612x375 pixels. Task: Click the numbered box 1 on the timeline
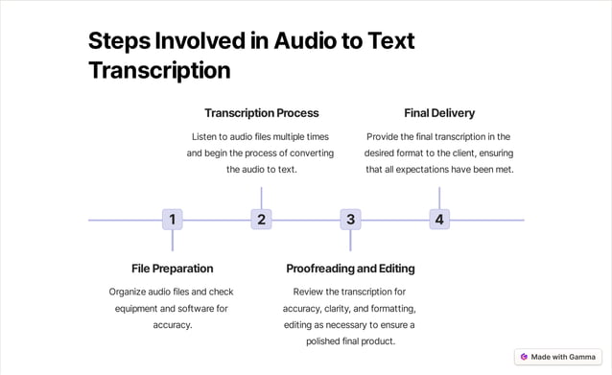(x=173, y=220)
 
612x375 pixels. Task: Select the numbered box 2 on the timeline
(x=261, y=220)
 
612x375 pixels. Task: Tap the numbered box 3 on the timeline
(x=350, y=220)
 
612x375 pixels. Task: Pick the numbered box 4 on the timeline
(x=439, y=220)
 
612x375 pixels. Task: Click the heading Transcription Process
(x=261, y=113)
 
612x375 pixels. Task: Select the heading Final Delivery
(x=439, y=113)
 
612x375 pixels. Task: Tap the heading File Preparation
(x=173, y=269)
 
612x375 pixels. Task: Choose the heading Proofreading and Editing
(x=350, y=269)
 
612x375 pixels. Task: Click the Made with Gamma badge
(x=557, y=357)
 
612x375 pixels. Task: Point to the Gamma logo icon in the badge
(x=524, y=357)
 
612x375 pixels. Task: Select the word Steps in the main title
(x=119, y=41)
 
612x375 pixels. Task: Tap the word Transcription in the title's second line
(x=159, y=71)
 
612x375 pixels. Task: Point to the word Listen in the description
(x=209, y=137)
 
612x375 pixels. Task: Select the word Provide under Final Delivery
(x=387, y=137)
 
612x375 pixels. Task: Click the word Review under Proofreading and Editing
(x=310, y=292)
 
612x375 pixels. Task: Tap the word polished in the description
(x=329, y=340)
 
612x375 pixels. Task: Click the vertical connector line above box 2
(x=261, y=198)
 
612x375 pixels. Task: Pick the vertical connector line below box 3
(x=350, y=241)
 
